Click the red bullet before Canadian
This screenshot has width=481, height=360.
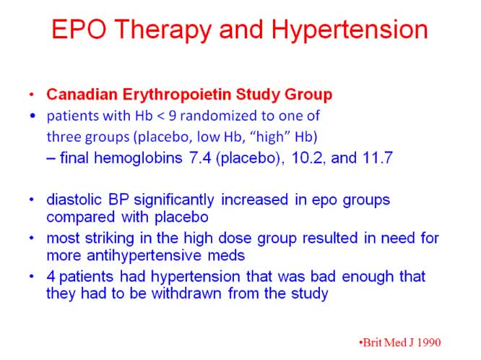(31, 95)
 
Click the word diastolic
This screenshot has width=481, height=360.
(74, 200)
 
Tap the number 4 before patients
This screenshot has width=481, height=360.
(51, 276)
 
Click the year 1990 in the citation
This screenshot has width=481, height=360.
(426, 342)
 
